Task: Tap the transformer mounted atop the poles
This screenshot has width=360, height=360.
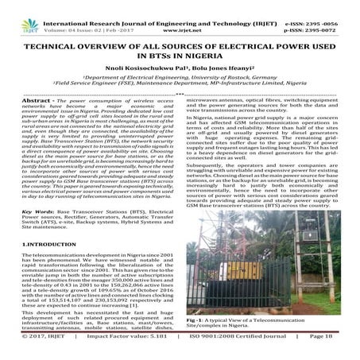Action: coord(273,242)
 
